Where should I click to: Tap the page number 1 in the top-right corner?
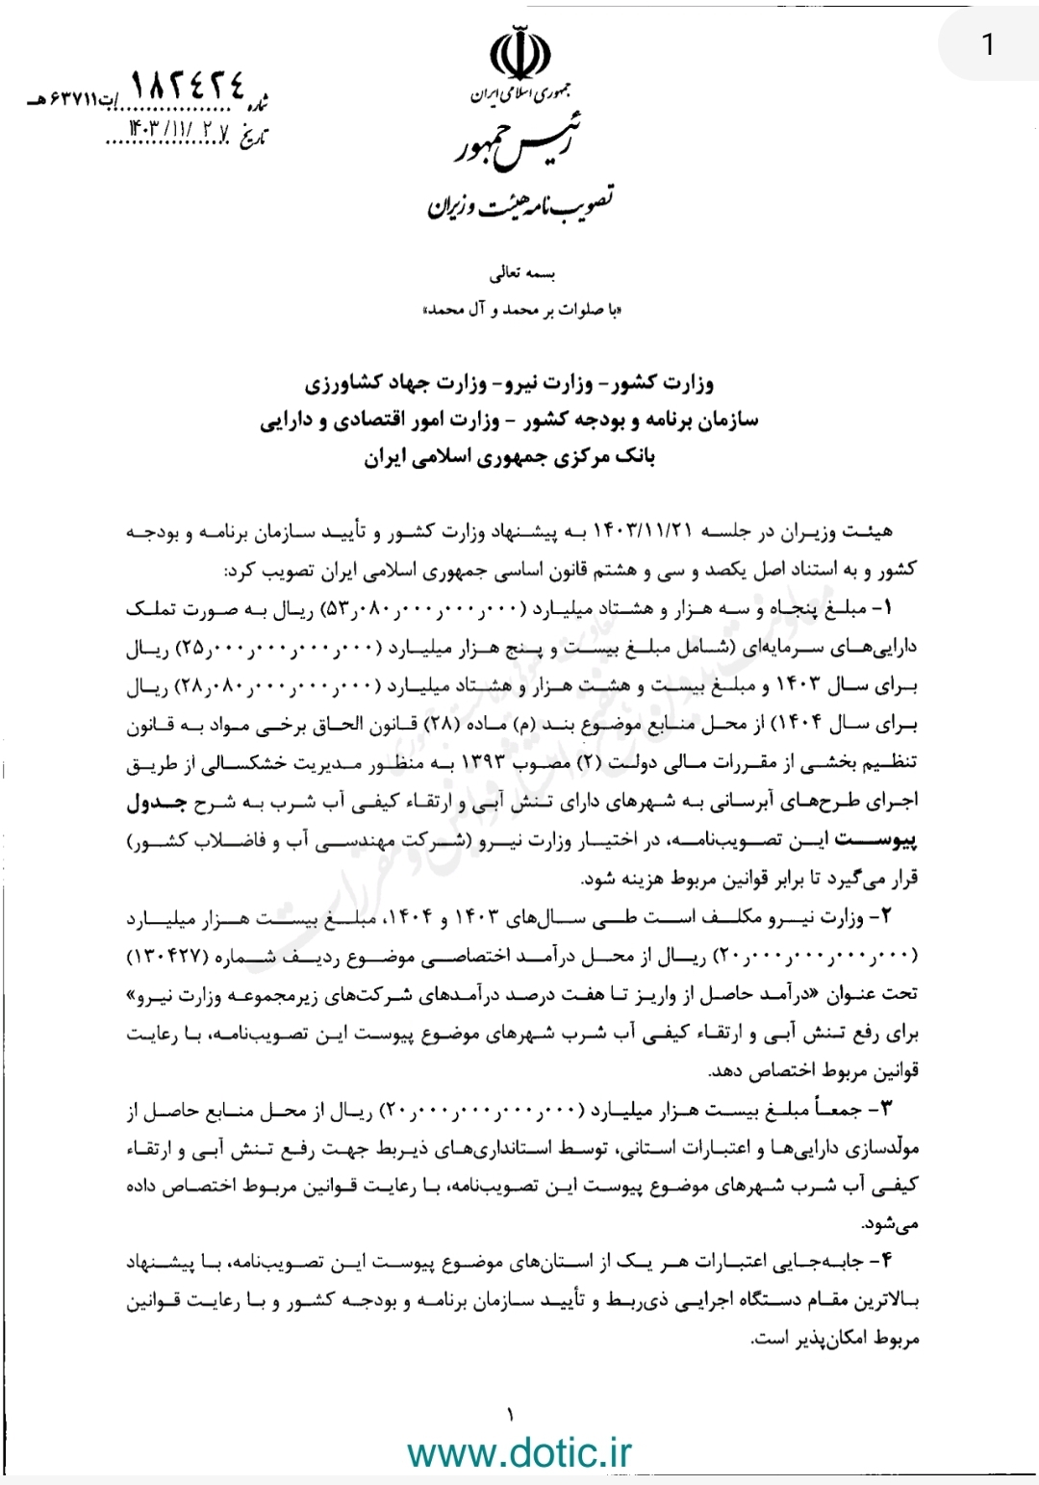[x=988, y=43]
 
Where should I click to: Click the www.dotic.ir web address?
[x=519, y=1450]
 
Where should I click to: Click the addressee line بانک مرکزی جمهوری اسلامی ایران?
[x=509, y=458]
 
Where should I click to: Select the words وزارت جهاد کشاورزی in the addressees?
[x=384, y=384]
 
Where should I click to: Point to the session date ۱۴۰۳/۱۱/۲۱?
[x=636, y=532]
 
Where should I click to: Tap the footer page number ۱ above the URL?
[x=510, y=1414]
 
